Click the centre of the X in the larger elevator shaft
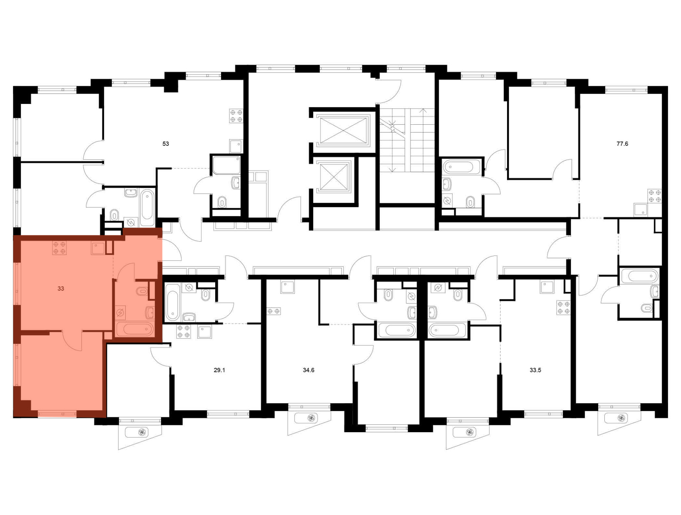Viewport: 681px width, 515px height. (343, 129)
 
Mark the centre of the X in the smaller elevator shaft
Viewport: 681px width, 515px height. (334, 176)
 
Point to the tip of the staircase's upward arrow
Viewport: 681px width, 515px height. (423, 109)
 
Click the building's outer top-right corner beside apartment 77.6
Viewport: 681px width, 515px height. (668, 86)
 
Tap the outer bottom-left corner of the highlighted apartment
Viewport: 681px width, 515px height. (13, 417)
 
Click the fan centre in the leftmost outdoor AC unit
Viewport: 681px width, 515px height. (142, 432)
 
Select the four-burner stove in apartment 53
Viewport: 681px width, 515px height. (236, 116)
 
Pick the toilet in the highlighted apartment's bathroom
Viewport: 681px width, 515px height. (142, 291)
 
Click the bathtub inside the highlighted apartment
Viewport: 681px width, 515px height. (135, 329)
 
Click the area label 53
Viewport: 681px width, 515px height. (165, 144)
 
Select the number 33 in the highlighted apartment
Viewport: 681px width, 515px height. (61, 288)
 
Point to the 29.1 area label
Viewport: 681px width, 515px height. (219, 370)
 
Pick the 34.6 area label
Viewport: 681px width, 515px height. (308, 370)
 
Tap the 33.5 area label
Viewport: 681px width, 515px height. (535, 370)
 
